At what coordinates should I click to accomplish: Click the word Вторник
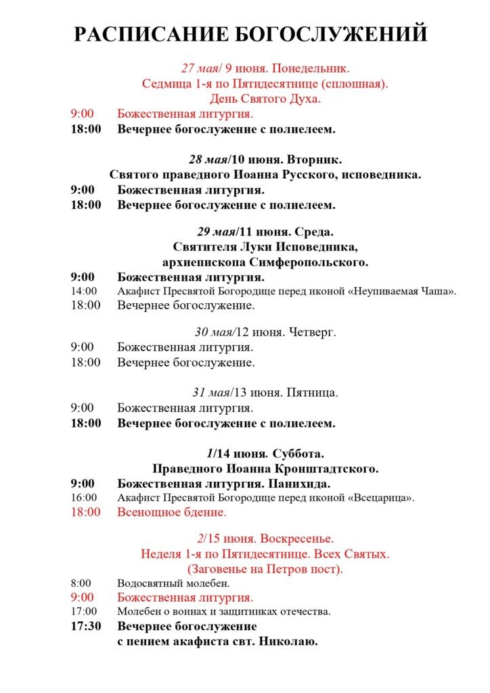coord(314,160)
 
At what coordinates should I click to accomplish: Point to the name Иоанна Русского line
coord(265,175)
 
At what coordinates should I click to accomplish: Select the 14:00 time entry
coord(84,292)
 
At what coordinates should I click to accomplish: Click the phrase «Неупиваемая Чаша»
coord(403,292)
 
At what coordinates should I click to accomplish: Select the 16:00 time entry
coord(84,498)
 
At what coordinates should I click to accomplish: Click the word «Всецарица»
coord(381,498)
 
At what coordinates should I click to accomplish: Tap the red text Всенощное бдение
coord(171,512)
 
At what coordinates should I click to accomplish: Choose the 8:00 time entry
coord(81,583)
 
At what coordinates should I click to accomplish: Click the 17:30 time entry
coord(86,626)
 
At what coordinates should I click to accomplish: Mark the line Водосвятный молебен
coord(173,583)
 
